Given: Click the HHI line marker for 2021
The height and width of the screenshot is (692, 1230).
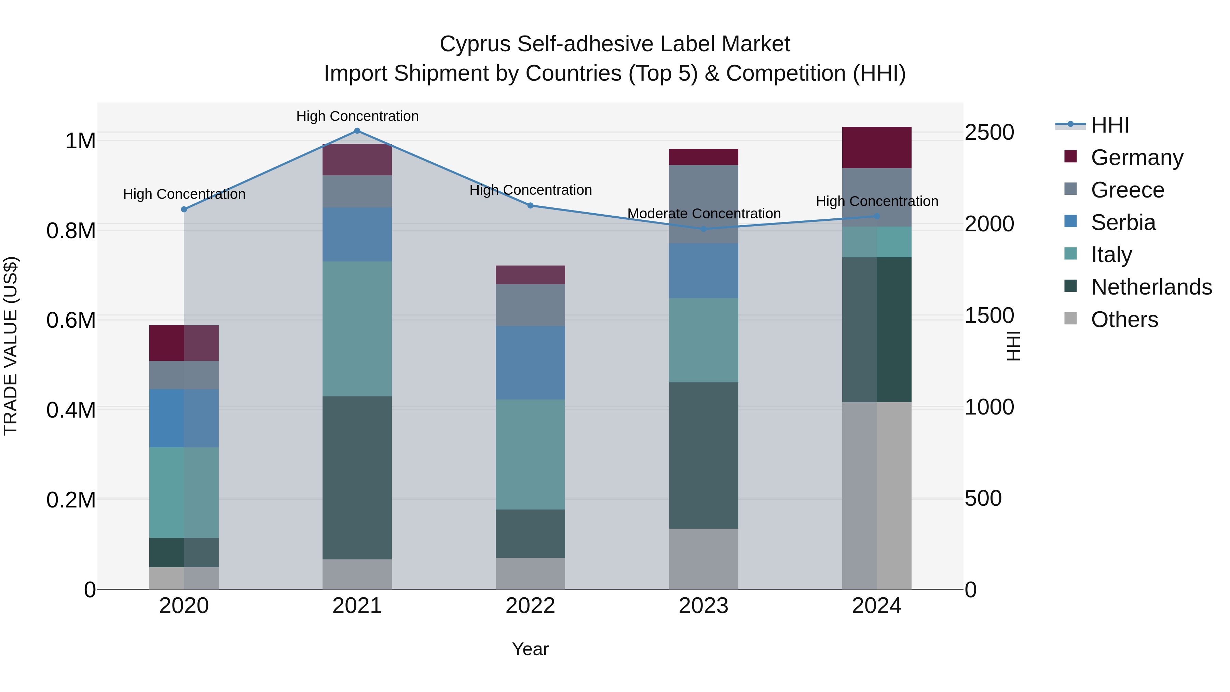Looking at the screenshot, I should click(357, 131).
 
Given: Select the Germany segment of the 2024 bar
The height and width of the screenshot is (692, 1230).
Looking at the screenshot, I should click(877, 148).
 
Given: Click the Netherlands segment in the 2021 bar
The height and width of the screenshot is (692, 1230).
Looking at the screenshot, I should click(357, 478).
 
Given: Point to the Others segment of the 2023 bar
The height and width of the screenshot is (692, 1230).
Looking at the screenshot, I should click(703, 559).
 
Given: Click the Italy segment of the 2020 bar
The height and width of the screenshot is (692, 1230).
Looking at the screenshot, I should click(184, 492).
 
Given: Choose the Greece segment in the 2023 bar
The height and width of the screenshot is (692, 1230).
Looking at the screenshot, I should click(703, 204).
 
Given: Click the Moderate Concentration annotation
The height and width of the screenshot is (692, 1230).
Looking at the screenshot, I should click(704, 214).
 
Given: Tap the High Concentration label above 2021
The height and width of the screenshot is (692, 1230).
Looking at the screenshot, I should click(357, 116).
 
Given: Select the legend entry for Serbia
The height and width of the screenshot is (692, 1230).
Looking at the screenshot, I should click(1123, 222).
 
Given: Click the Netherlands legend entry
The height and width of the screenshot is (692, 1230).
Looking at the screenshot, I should click(1151, 287).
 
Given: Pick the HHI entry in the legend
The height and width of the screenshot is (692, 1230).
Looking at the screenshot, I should click(1110, 125).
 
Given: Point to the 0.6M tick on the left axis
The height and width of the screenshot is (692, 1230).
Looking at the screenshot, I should click(71, 320).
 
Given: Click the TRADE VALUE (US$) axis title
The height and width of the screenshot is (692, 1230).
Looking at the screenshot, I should click(11, 346).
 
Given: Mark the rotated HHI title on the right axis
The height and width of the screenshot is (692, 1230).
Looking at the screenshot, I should click(1012, 346).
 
